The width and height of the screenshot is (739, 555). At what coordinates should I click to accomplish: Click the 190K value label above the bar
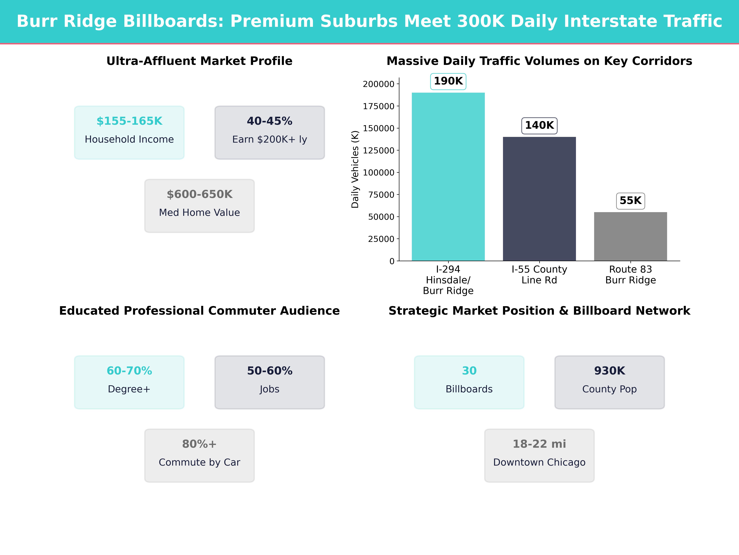click(448, 81)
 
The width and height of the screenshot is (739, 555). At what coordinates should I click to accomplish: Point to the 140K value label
click(539, 125)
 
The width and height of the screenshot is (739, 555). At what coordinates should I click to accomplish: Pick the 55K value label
click(630, 201)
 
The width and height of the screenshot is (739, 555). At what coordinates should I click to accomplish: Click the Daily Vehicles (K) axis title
click(355, 169)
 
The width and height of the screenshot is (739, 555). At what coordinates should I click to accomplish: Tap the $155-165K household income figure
click(129, 121)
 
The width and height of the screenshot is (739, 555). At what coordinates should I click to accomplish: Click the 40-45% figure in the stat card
click(270, 121)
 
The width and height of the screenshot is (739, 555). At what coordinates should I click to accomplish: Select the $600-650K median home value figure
click(199, 194)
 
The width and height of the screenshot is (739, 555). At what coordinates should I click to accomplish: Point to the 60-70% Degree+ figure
click(129, 371)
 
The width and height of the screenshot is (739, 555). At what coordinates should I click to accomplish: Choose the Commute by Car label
click(199, 462)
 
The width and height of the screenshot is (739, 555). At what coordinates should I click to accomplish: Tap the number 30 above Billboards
click(469, 371)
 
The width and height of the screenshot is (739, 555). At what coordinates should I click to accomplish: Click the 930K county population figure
click(609, 371)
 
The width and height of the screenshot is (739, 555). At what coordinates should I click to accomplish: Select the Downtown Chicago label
click(539, 462)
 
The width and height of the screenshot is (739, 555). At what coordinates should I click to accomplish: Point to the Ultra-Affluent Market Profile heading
click(199, 61)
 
